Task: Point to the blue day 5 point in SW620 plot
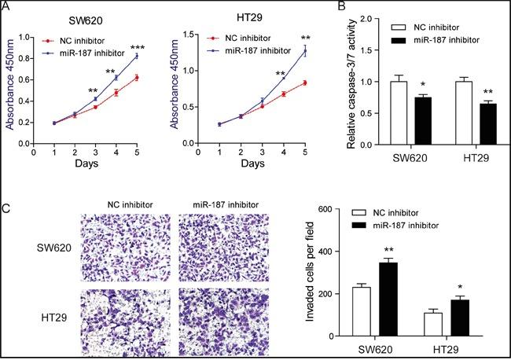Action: point(137,56)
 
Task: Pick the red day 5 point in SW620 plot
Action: point(137,77)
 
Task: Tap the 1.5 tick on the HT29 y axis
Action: point(191,35)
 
